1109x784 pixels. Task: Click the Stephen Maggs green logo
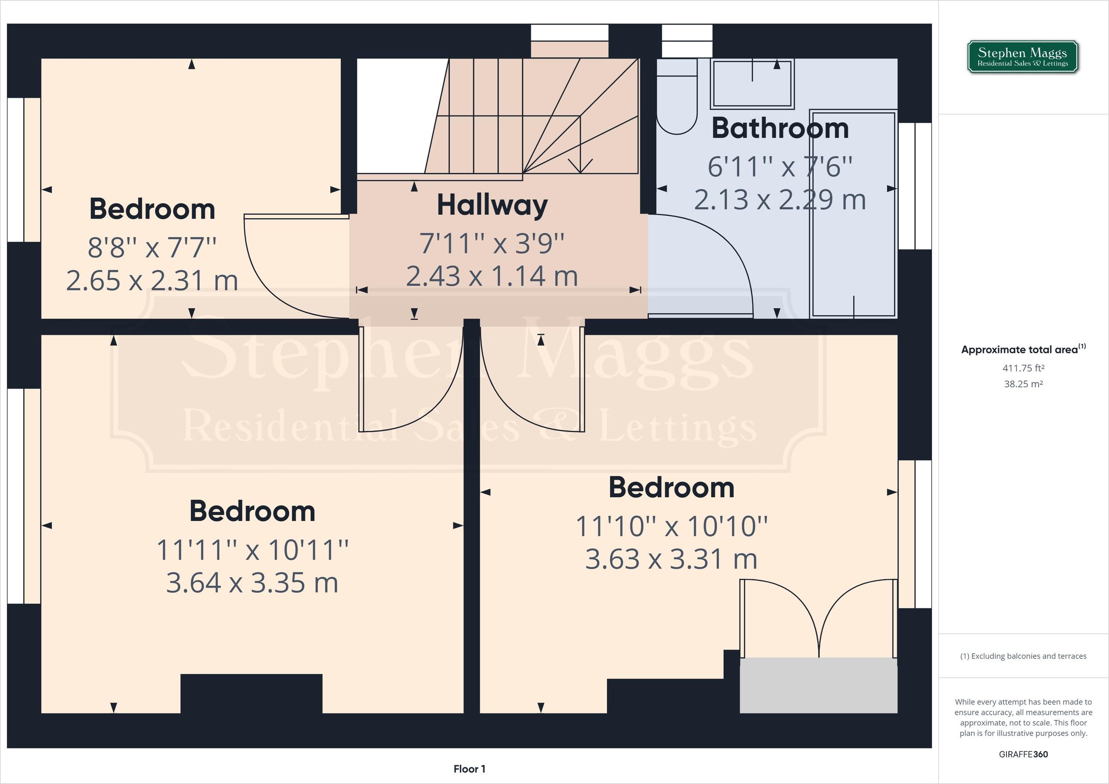[x=1023, y=57]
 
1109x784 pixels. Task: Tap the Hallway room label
[x=492, y=205]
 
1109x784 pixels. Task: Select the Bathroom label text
[x=780, y=128]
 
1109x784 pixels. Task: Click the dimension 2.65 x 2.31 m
[x=152, y=280]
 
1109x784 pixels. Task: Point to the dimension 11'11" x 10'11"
[x=252, y=550]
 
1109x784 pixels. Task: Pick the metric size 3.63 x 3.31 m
[x=671, y=559]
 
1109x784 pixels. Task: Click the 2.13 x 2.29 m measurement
[x=780, y=200]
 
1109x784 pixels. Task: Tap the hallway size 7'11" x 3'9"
[x=492, y=243]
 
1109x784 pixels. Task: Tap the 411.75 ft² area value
[x=1023, y=368]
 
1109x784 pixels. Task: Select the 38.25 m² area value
[x=1023, y=384]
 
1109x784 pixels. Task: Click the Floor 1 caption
[x=469, y=769]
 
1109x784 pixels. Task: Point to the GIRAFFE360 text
[x=1023, y=754]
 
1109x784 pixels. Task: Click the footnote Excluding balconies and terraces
[x=1023, y=656]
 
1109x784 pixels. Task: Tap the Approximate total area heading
[x=1023, y=349]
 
